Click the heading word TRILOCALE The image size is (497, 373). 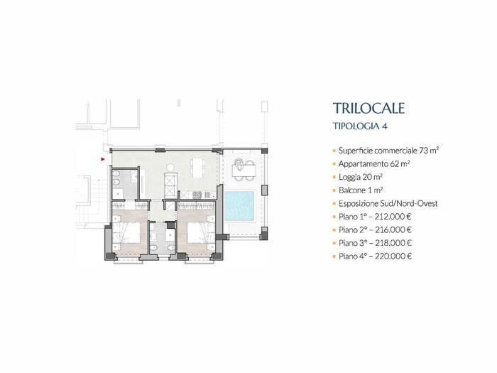click(368, 108)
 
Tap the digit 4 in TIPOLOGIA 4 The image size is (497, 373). click(385, 126)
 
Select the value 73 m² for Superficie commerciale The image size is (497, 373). click(429, 151)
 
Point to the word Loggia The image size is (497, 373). click(349, 178)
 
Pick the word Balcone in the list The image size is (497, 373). click(351, 190)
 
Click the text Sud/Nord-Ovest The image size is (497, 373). click(408, 203)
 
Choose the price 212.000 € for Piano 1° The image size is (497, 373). click(393, 217)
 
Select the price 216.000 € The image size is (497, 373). click(393, 229)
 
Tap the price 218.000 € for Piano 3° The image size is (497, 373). click(393, 243)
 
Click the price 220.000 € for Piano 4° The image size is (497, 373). click(393, 256)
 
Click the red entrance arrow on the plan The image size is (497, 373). click(103, 159)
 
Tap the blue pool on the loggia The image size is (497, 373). click(239, 206)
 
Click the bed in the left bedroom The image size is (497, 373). click(127, 234)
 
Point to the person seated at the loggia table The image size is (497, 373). click(238, 164)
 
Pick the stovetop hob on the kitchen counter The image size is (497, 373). click(197, 195)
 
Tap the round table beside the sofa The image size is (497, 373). click(171, 167)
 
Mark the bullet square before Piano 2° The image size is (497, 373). click(334, 230)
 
